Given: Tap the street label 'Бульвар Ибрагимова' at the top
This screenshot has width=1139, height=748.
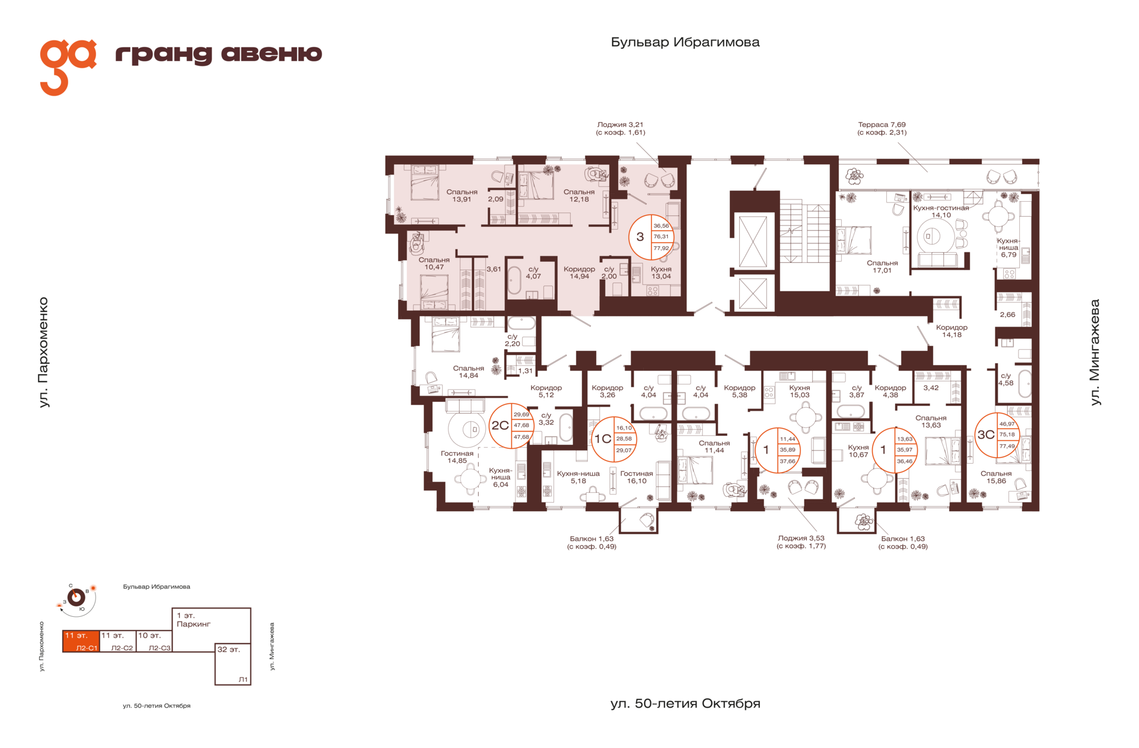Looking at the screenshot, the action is (685, 42).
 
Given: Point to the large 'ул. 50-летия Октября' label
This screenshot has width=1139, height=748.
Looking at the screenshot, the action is (685, 703).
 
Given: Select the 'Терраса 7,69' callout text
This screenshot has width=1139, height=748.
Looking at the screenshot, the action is (882, 125).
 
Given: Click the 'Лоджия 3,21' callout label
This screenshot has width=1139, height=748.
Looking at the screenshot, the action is (620, 125).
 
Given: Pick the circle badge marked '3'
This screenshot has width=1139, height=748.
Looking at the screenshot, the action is (651, 237).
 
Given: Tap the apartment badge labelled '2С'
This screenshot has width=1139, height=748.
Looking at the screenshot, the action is (511, 426).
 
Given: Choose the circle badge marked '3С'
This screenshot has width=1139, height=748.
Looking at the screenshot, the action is (997, 435).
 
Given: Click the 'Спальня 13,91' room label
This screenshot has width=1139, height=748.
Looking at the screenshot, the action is (462, 196).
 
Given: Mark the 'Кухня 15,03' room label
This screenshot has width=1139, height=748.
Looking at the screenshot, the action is (800, 391).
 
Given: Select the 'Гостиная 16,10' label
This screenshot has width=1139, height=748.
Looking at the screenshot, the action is (637, 477).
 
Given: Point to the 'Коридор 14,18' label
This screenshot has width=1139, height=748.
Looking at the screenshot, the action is (952, 331).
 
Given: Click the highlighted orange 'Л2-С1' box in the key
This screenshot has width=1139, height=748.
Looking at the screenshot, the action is (81, 641).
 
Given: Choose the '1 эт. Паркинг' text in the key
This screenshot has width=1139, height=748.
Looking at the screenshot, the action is (193, 620).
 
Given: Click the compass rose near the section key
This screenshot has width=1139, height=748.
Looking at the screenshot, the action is (77, 597).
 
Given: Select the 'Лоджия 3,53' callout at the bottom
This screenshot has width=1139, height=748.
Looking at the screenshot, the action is (801, 538).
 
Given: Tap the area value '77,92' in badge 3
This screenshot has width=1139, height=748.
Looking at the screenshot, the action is (661, 248).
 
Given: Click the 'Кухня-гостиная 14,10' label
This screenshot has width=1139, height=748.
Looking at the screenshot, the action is (941, 211).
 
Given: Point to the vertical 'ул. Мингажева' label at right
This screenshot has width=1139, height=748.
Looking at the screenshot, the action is (1095, 353).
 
